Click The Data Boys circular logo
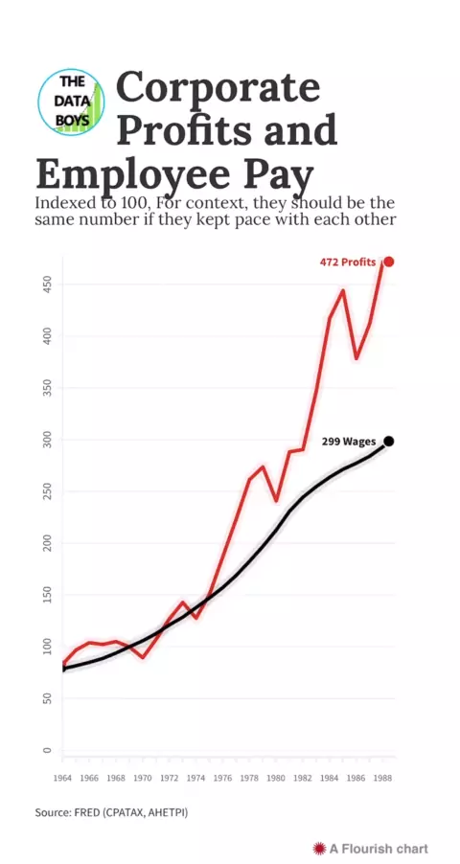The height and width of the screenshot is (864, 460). pos(71,102)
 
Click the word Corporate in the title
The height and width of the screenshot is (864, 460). pos(218,86)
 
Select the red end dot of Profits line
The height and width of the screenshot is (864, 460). pos(389,261)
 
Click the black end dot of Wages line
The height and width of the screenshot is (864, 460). pos(389,441)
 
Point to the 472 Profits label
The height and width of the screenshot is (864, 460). pos(348,262)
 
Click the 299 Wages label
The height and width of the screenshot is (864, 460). pos(349,442)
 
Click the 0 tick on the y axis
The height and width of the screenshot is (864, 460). pos(47,750)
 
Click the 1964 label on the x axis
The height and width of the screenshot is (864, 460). pos(63,779)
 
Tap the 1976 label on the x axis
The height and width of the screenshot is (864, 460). pos(223,779)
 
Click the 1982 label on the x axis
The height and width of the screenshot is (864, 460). pos(303,779)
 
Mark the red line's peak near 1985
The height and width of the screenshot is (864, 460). pos(343,290)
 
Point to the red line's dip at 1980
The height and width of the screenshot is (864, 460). pos(276,501)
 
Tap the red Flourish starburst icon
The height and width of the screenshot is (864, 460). pos(319,848)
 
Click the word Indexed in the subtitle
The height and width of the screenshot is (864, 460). pos(61,203)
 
